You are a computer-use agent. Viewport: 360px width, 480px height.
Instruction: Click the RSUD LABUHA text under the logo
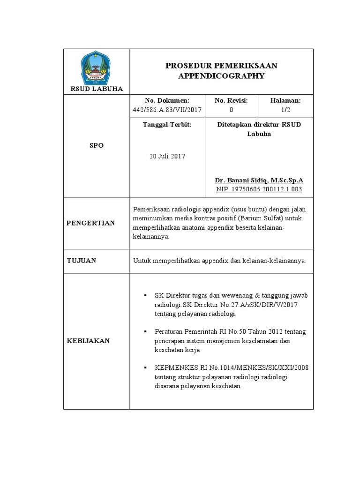[x=97, y=88]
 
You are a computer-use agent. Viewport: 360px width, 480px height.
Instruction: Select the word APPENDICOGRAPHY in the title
[x=221, y=75]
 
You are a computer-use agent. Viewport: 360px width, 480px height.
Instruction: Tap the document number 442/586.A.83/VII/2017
[x=167, y=110]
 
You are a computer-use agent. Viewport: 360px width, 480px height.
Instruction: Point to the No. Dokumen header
[x=167, y=100]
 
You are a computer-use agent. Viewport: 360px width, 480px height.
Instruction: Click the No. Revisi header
[x=231, y=100]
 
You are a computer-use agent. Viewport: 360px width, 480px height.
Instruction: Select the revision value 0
[x=231, y=110]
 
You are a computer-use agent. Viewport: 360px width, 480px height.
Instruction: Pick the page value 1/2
[x=285, y=110]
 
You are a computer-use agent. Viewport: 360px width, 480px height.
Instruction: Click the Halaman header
[x=285, y=100]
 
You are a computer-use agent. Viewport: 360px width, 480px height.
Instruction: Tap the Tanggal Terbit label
[x=167, y=125]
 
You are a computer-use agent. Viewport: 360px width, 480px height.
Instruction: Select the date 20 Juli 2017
[x=167, y=156]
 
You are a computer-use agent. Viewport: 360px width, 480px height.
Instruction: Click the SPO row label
[x=97, y=145]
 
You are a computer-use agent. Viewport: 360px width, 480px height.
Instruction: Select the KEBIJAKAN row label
[x=89, y=341]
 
